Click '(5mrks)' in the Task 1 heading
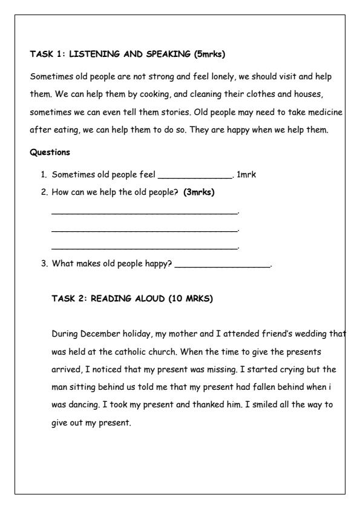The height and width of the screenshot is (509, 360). (209, 54)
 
